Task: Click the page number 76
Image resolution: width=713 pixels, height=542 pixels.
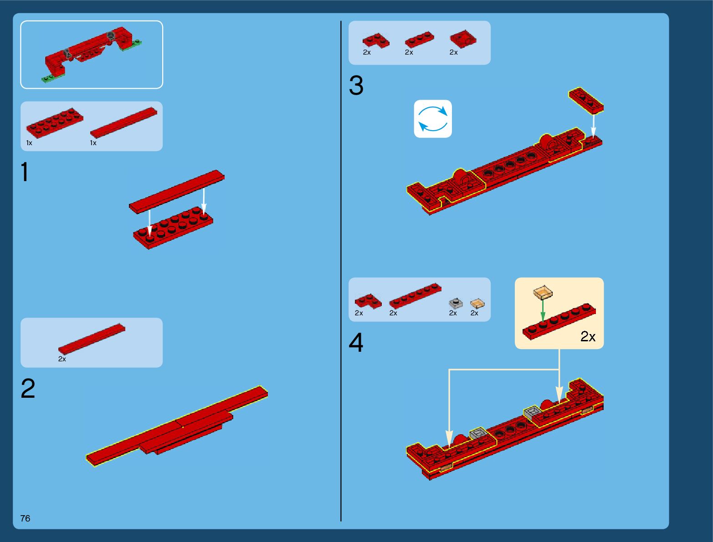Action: tap(25, 518)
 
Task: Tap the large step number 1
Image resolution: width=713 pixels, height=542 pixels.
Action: tap(25, 172)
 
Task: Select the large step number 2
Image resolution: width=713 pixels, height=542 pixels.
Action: tap(28, 388)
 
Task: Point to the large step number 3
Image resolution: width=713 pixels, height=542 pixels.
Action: tap(356, 85)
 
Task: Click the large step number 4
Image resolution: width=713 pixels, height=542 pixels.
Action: tap(356, 343)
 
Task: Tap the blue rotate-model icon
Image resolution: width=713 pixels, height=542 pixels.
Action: tap(433, 119)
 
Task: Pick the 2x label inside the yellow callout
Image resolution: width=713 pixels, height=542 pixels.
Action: tap(588, 337)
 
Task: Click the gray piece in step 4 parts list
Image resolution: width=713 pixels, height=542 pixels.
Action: tap(456, 303)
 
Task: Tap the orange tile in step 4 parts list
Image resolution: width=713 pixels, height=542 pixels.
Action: tap(477, 303)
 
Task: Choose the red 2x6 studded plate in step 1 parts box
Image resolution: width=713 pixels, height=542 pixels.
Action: tap(55, 122)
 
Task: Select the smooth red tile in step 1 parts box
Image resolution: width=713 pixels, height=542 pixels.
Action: tap(124, 122)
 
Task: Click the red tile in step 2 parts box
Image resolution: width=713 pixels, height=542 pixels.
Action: tap(92, 339)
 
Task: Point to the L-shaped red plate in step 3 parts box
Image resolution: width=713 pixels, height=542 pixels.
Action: tap(376, 41)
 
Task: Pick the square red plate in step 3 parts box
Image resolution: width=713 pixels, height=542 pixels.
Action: tap(463, 39)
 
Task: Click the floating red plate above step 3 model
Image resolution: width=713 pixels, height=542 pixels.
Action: tap(586, 101)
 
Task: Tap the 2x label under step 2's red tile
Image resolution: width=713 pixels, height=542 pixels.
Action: tap(62, 359)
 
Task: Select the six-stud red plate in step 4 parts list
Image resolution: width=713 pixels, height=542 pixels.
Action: tap(415, 296)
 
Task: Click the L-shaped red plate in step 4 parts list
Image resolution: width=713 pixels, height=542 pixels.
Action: tap(368, 301)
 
